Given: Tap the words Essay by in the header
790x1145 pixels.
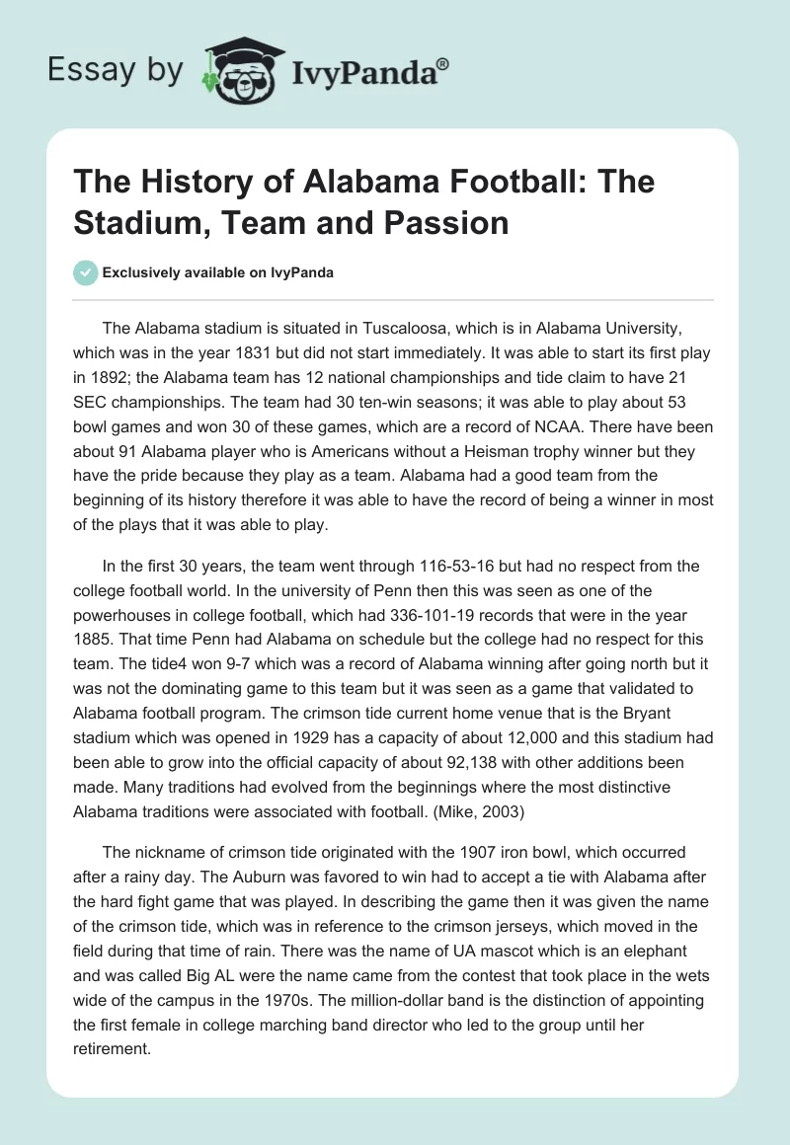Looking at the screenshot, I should coord(116,70).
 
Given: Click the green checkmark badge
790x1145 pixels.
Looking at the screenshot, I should coord(85,272).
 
